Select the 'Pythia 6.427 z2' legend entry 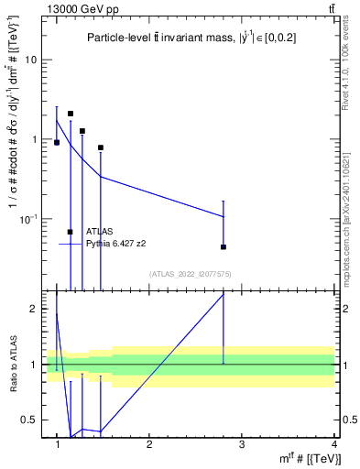point(115,244)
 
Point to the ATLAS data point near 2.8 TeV point(224,247)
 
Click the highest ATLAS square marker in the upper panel point(71,114)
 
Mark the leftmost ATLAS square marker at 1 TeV point(57,143)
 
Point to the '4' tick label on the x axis point(333,444)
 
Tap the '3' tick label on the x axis point(241,444)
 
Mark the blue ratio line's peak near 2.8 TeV point(224,295)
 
